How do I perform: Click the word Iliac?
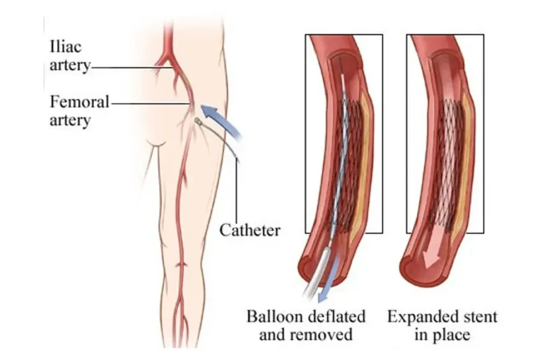[x=65, y=47]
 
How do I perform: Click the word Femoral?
[x=80, y=102]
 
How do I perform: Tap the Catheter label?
[x=250, y=230]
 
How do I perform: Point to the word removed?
[x=323, y=334]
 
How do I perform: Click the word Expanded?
[x=421, y=317]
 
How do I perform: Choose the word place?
[x=450, y=335]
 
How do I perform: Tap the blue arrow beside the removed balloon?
[x=329, y=279]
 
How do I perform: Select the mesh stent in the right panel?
[x=447, y=165]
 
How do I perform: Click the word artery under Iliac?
[x=70, y=65]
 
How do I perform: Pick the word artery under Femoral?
[x=70, y=121]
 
